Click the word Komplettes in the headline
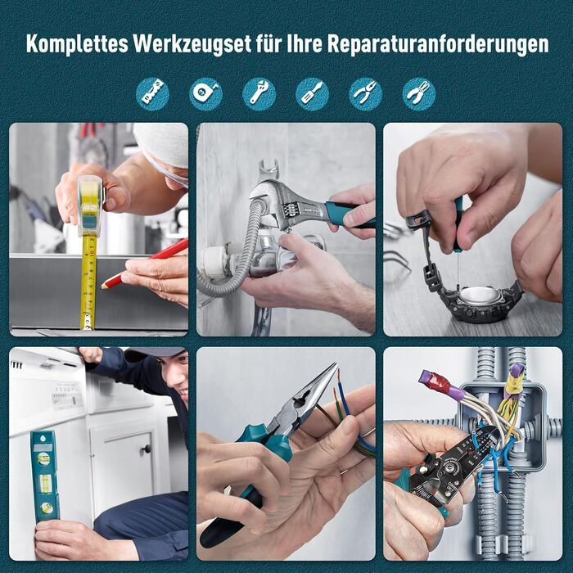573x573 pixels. tap(77, 44)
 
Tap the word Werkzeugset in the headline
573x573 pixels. tap(192, 45)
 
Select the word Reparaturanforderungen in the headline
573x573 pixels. tap(438, 45)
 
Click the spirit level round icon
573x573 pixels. tap(153, 94)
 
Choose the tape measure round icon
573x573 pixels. tap(205, 94)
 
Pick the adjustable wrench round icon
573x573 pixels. tap(259, 94)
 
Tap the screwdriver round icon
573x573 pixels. tap(312, 94)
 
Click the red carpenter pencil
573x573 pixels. tap(144, 263)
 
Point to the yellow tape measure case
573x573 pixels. tap(90, 205)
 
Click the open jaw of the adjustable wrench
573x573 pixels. tap(268, 171)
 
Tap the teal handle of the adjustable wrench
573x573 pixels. tap(347, 214)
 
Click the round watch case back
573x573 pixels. tap(480, 296)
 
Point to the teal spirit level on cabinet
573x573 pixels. tap(44, 476)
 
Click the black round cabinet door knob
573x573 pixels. tap(147, 449)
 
